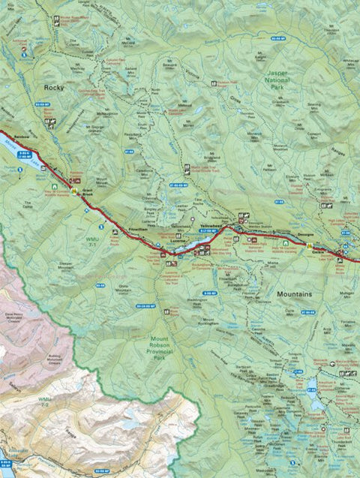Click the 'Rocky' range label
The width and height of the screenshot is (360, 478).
pyautogui.click(x=55, y=88)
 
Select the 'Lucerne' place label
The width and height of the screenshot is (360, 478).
pyautogui.click(x=188, y=233)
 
